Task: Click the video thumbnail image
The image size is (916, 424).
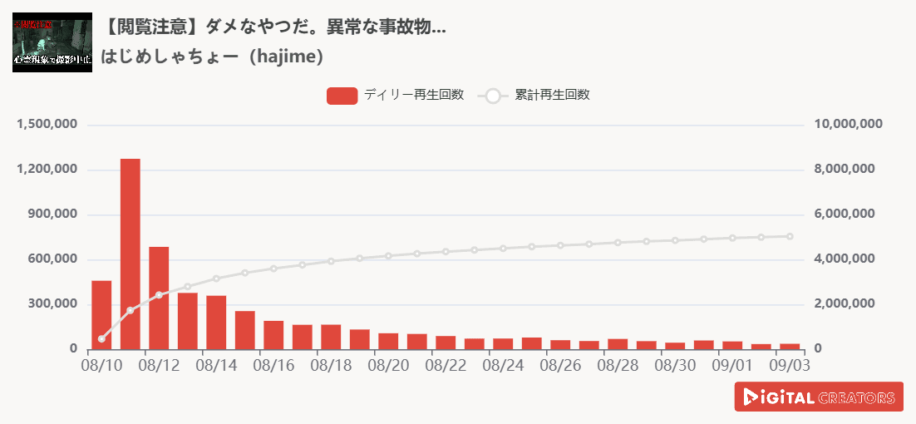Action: click(x=52, y=42)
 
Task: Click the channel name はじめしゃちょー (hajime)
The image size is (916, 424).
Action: click(x=212, y=57)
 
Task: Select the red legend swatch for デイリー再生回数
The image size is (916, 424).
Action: click(x=342, y=96)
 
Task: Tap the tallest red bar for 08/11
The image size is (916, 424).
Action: click(x=131, y=254)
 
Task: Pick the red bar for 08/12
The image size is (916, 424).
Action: click(x=159, y=298)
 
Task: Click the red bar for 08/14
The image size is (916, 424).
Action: click(x=216, y=322)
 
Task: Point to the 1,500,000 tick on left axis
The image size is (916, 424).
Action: click(x=47, y=125)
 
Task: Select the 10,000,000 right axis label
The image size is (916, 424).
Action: click(x=848, y=125)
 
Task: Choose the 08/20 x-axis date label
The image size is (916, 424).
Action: click(x=387, y=365)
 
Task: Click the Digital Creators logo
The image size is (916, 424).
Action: click(x=819, y=397)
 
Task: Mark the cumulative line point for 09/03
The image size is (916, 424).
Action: click(x=790, y=236)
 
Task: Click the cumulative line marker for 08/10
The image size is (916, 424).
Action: click(x=101, y=339)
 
